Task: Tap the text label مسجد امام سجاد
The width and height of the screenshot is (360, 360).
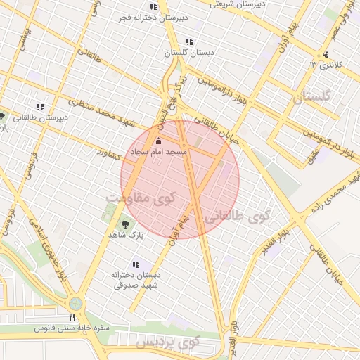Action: pyautogui.click(x=157, y=152)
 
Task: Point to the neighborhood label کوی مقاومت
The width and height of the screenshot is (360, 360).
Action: pyautogui.click(x=138, y=199)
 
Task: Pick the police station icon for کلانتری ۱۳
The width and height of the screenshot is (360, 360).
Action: pyautogui.click(x=325, y=55)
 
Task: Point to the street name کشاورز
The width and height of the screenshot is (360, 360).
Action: pyautogui.click(x=112, y=152)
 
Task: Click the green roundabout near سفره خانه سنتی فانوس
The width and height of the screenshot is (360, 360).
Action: pyautogui.click(x=75, y=304)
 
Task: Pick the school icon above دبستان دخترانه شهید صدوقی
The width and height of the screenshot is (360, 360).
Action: pyautogui.click(x=136, y=264)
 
